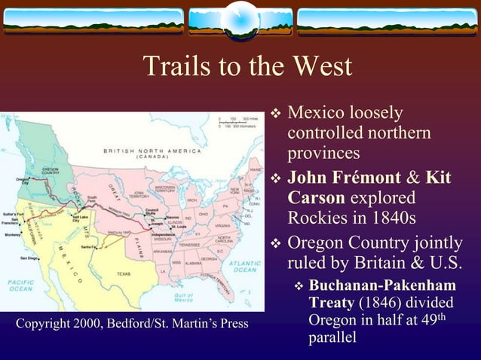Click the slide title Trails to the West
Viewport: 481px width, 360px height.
tap(247, 67)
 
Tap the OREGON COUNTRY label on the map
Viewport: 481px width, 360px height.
tap(51, 171)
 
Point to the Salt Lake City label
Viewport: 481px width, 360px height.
tap(80, 218)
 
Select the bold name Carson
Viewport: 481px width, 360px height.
tap(317, 197)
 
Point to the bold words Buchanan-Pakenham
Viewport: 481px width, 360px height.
tap(382, 285)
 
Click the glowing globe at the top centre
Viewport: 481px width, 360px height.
tap(241, 20)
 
